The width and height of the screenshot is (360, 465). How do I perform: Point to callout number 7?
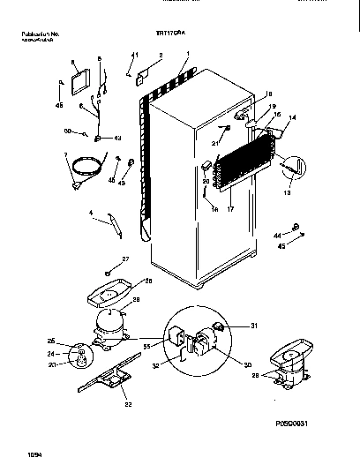[x=64, y=155]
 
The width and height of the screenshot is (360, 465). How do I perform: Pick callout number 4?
[x=91, y=212]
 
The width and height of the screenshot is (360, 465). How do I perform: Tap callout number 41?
[x=132, y=56]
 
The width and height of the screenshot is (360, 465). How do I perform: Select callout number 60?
[x=66, y=131]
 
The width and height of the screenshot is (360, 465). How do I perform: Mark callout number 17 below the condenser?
[x=231, y=209]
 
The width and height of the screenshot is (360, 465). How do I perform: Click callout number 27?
[x=124, y=259]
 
